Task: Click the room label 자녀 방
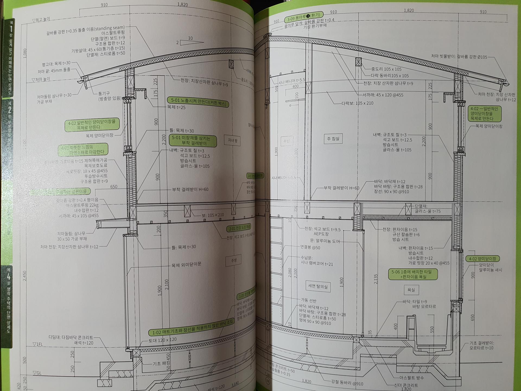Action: pyautogui.click(x=233, y=141)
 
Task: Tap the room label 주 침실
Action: pyautogui.click(x=333, y=138)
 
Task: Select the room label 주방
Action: pyautogui.click(x=234, y=260)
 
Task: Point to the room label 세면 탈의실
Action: pyautogui.click(x=318, y=286)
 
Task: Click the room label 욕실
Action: pyautogui.click(x=411, y=290)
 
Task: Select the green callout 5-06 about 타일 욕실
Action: pyautogui.click(x=413, y=274)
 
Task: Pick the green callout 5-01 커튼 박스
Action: pyautogui.click(x=198, y=102)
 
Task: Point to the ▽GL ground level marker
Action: pyautogui.click(x=37, y=373)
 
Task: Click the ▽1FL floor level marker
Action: pyautogui.click(x=38, y=344)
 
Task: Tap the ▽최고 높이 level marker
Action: pyautogui.click(x=42, y=20)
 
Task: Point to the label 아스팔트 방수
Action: pyautogui.click(x=411, y=378)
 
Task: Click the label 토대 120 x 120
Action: pyautogui.click(x=162, y=340)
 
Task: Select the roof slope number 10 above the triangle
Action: pyautogui.click(x=190, y=38)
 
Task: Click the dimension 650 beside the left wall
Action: pyautogui.click(x=114, y=187)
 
